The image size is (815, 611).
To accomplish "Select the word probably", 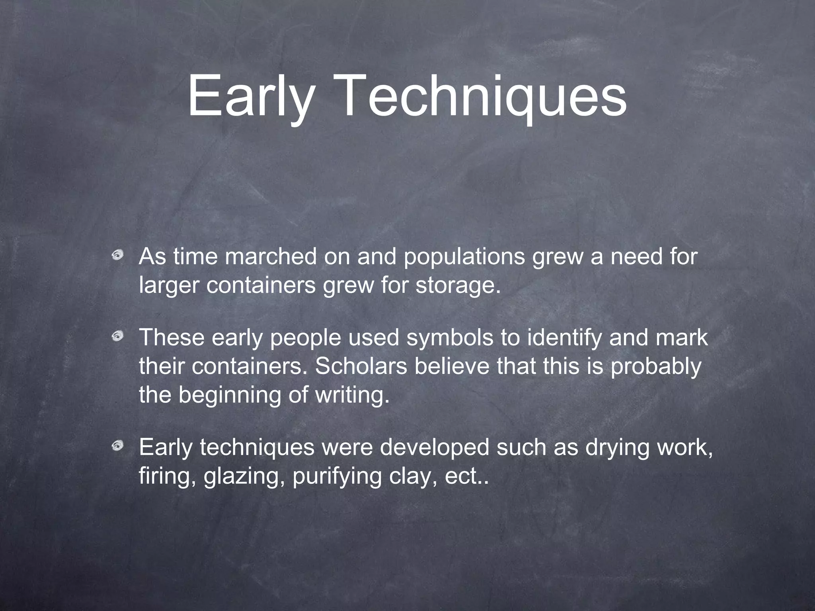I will point(656,367).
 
